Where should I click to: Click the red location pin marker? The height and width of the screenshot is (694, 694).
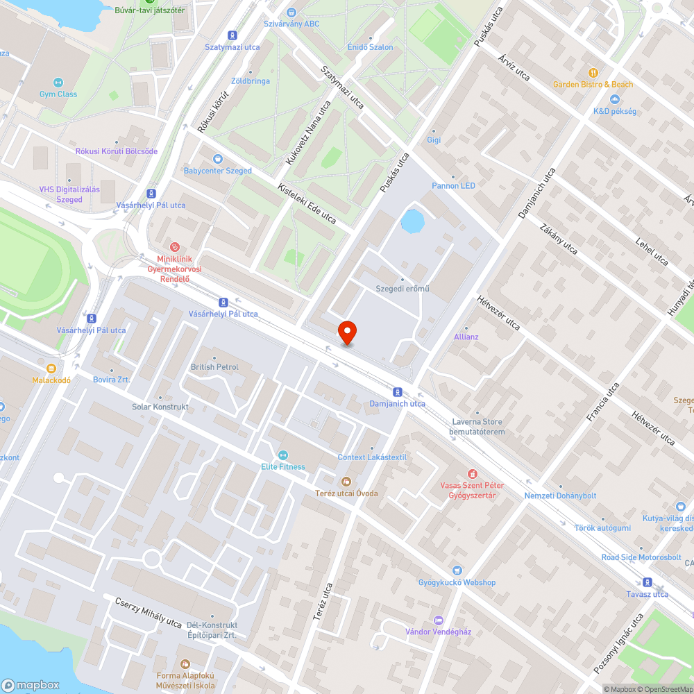[347, 332]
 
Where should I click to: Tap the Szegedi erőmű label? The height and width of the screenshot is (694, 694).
[402, 288]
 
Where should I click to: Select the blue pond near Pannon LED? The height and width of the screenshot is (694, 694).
[412, 221]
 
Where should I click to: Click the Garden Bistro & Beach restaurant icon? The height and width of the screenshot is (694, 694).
[593, 73]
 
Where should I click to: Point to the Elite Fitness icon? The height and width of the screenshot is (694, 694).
[283, 455]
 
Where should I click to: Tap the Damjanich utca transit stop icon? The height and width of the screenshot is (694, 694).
[397, 391]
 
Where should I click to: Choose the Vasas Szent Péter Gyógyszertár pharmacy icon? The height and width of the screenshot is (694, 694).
[472, 473]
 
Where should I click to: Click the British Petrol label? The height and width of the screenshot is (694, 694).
[214, 366]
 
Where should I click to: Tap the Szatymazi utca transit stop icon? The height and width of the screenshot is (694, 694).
[232, 35]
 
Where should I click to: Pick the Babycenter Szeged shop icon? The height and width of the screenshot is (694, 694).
[217, 159]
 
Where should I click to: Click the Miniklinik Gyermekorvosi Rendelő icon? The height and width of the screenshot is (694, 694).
[175, 246]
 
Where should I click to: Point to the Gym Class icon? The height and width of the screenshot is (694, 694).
[58, 83]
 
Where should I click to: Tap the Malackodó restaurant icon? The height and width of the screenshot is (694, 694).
[51, 369]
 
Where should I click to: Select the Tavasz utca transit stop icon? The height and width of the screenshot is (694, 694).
[648, 582]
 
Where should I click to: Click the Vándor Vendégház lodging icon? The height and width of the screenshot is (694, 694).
[438, 620]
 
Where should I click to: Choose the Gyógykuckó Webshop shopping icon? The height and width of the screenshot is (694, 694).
[457, 570]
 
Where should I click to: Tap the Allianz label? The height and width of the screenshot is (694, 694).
[466, 337]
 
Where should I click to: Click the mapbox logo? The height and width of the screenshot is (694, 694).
[31, 684]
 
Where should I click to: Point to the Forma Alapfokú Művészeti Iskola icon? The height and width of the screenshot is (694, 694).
[184, 664]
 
